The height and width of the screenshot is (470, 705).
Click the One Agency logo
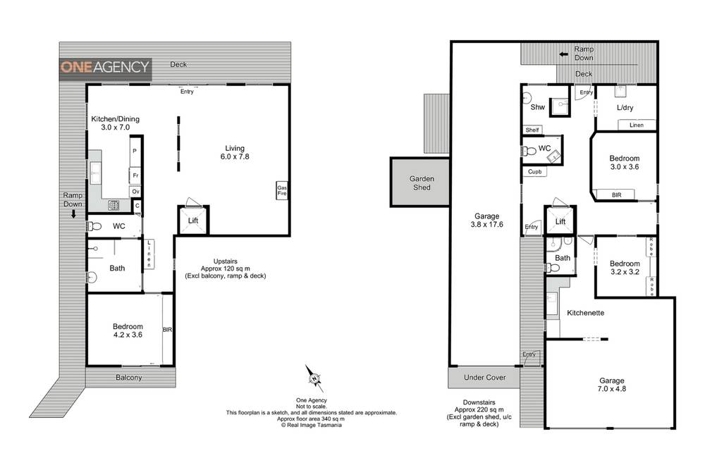point(105,68)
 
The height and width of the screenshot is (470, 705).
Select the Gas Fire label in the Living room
point(282,190)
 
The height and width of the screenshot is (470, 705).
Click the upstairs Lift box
point(192,221)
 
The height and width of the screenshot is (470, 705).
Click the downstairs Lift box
point(560,221)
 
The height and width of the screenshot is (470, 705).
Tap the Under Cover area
point(484,378)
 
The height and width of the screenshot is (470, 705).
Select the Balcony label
point(129,378)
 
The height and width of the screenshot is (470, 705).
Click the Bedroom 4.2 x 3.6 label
point(128,330)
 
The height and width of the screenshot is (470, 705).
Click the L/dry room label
point(625,107)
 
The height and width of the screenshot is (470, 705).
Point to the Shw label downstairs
point(537,107)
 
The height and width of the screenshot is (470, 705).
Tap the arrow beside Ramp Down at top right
point(563,54)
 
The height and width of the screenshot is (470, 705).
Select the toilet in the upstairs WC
point(93,226)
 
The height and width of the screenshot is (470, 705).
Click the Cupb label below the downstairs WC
point(533,171)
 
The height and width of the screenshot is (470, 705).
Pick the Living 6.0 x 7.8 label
point(234,152)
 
